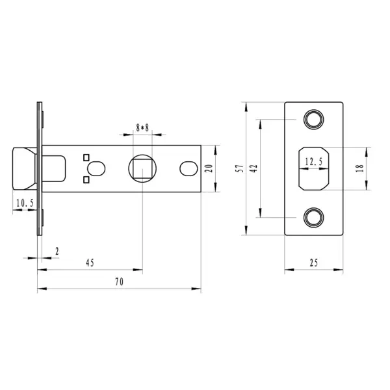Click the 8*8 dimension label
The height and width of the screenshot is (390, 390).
pyautogui.click(x=142, y=128)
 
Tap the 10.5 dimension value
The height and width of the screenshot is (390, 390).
pyautogui.click(x=25, y=203)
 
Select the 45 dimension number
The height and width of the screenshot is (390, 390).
pyautogui.click(x=90, y=263)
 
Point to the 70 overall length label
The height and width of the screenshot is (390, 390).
pyautogui.click(x=119, y=282)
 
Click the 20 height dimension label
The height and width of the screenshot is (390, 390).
pyautogui.click(x=209, y=168)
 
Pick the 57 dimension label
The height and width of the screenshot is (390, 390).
pyautogui.click(x=240, y=168)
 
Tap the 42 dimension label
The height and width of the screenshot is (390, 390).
pyautogui.click(x=254, y=168)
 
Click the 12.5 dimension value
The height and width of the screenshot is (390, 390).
pyautogui.click(x=314, y=162)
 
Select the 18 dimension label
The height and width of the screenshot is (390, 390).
pyautogui.click(x=360, y=168)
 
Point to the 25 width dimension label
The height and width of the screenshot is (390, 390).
pyautogui.click(x=314, y=263)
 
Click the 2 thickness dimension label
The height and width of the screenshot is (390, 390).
pyautogui.click(x=57, y=252)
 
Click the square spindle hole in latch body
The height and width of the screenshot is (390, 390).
pyautogui.click(x=142, y=168)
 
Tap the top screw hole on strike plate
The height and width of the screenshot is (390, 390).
pyautogui.click(x=314, y=120)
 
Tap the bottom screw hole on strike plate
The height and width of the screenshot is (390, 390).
pyautogui.click(x=314, y=218)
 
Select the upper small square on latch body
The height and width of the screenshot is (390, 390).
pyautogui.click(x=86, y=157)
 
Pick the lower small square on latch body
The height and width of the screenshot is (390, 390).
pyautogui.click(x=86, y=180)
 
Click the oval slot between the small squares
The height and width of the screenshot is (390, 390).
pyautogui.click(x=96, y=168)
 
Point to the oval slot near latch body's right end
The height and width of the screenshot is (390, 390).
pyautogui.click(x=188, y=168)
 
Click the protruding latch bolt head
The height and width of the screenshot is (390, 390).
pyautogui.click(x=25, y=168)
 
